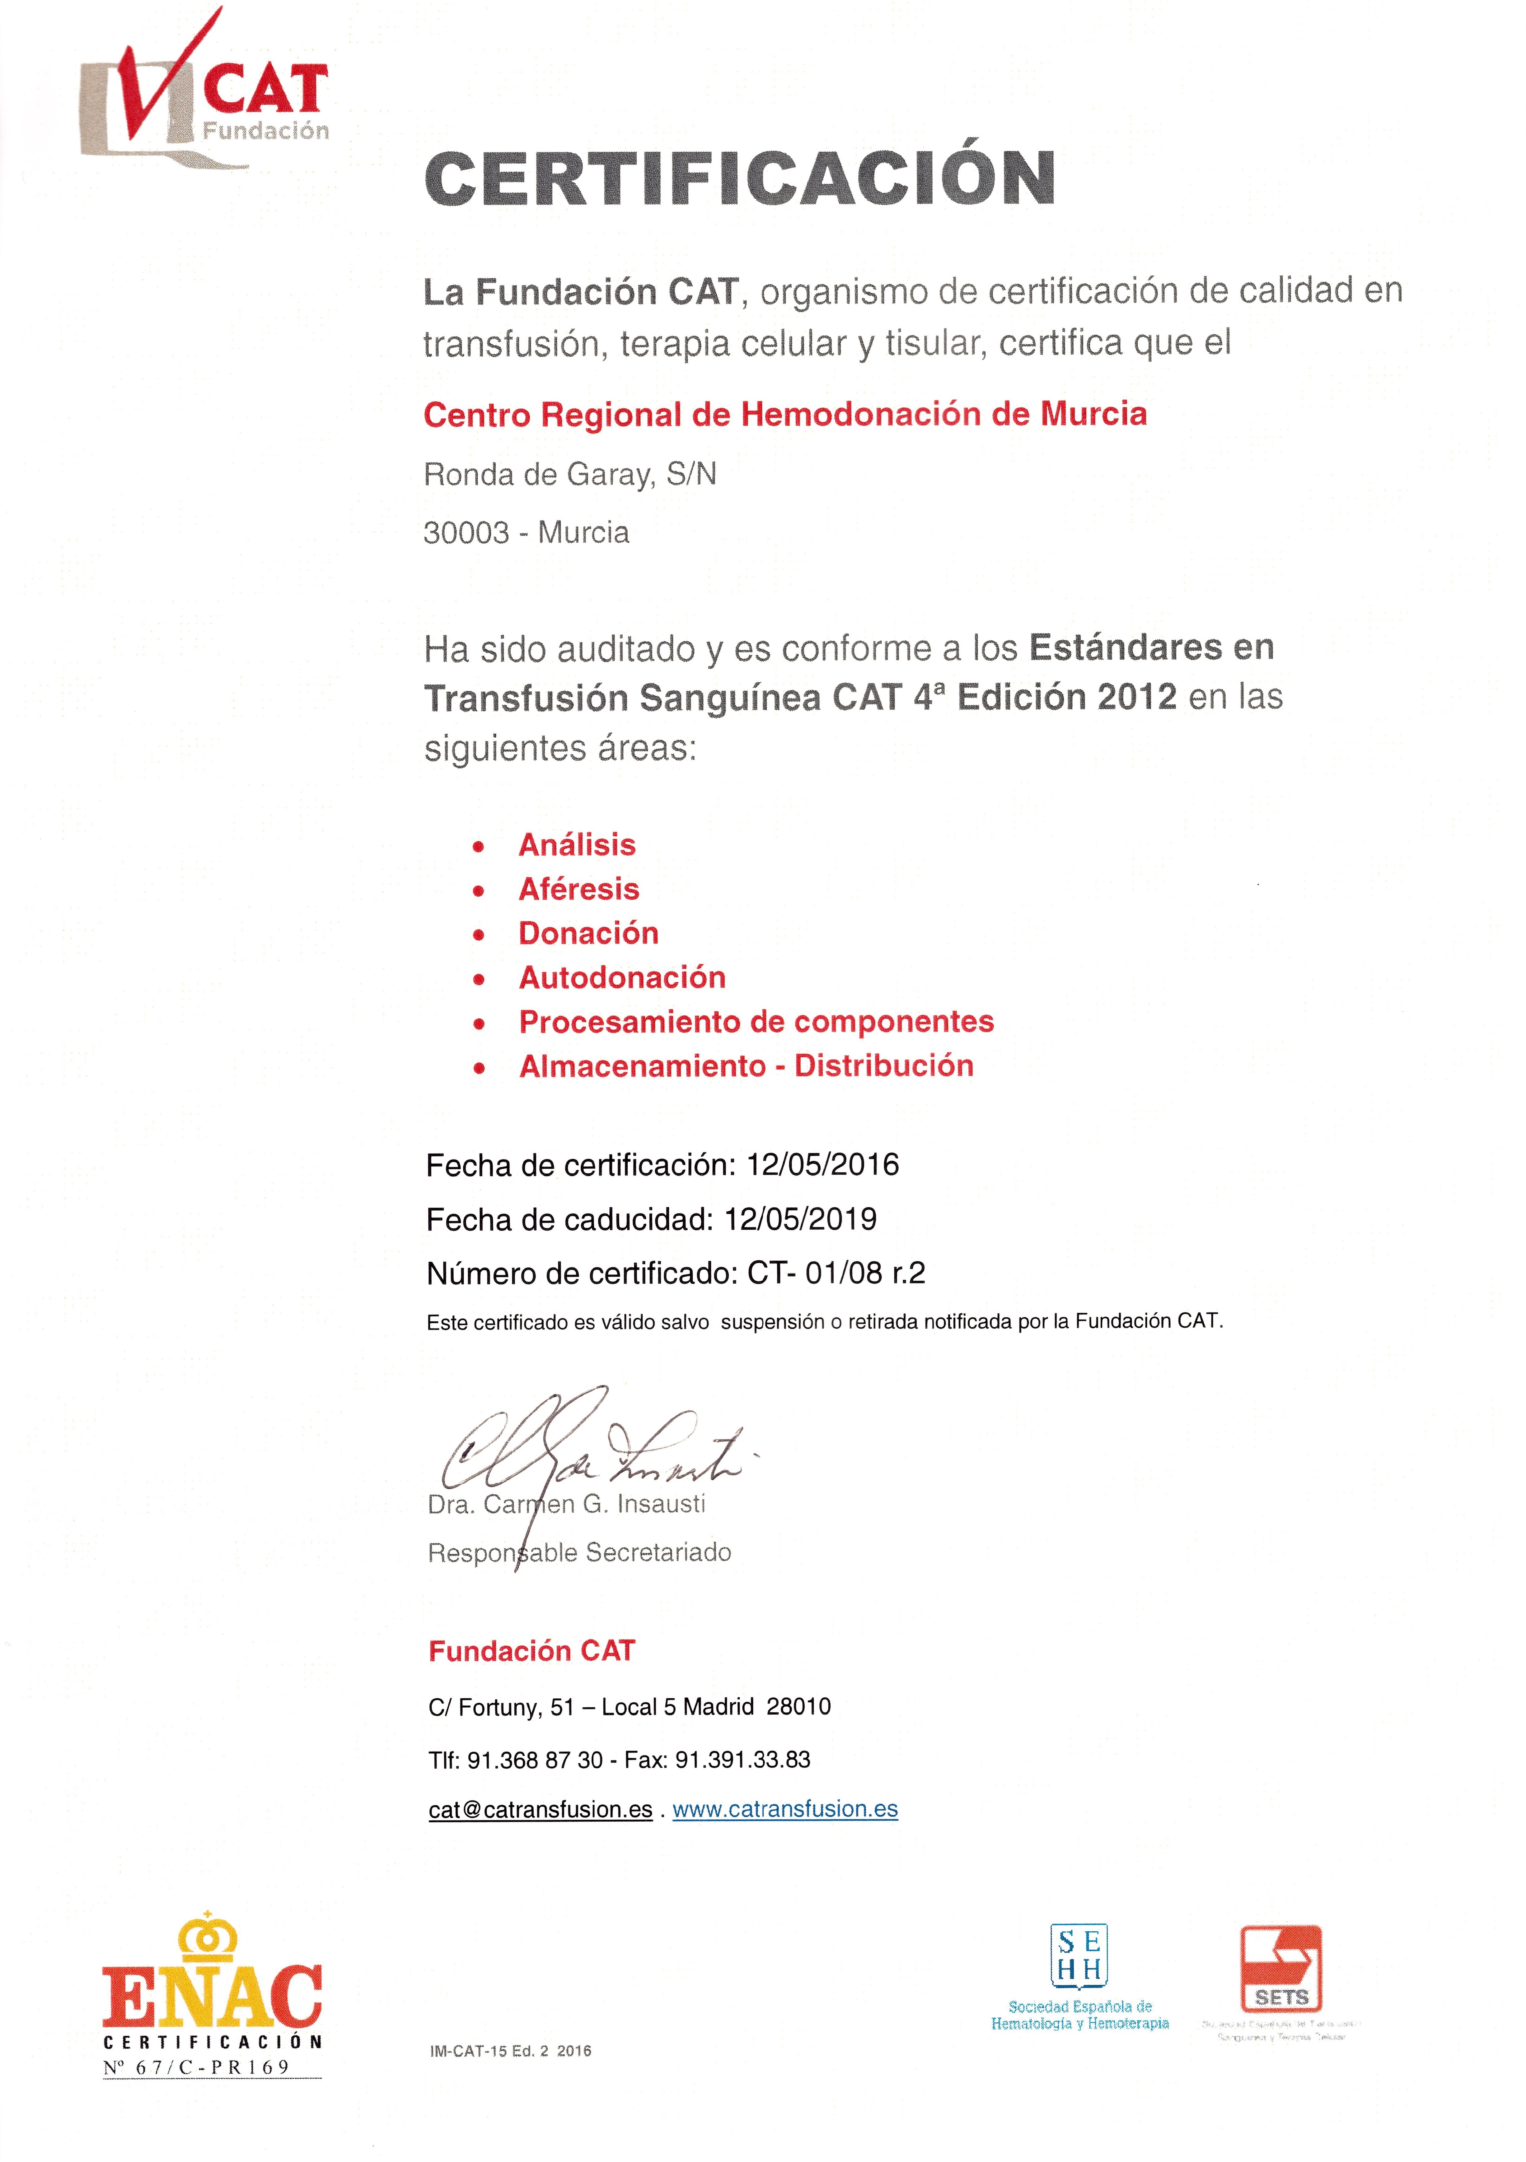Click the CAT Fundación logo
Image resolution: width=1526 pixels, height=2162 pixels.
205,94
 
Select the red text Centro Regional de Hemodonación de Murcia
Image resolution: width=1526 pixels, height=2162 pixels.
785,414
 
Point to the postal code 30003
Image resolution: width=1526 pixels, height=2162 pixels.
466,533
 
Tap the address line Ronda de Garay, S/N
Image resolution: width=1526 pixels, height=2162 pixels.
570,475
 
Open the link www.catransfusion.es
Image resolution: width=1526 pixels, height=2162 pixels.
785,1809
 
